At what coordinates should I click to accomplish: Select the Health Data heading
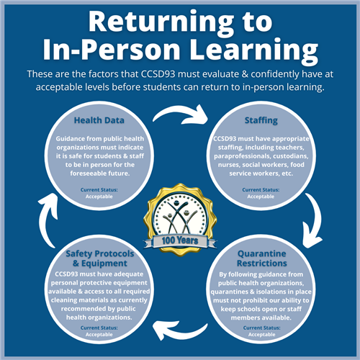[x=99, y=120]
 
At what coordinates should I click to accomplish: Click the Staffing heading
[x=261, y=120]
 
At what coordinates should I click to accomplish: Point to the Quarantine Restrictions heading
[x=262, y=258]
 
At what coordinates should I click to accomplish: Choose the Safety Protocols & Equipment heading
[x=100, y=258]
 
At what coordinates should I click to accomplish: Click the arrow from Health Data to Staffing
[x=181, y=114]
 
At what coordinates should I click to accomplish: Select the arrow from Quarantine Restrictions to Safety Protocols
[x=180, y=333]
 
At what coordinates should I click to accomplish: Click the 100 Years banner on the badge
[x=180, y=240]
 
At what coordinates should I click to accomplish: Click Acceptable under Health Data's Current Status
[x=99, y=197]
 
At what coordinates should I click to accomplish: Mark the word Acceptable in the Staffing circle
[x=261, y=197]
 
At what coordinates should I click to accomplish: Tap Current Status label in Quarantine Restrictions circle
[x=262, y=328]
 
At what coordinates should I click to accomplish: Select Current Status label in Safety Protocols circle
[x=99, y=328]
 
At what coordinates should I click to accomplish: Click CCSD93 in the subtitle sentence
[x=158, y=74]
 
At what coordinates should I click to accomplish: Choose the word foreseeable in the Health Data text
[x=88, y=174]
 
